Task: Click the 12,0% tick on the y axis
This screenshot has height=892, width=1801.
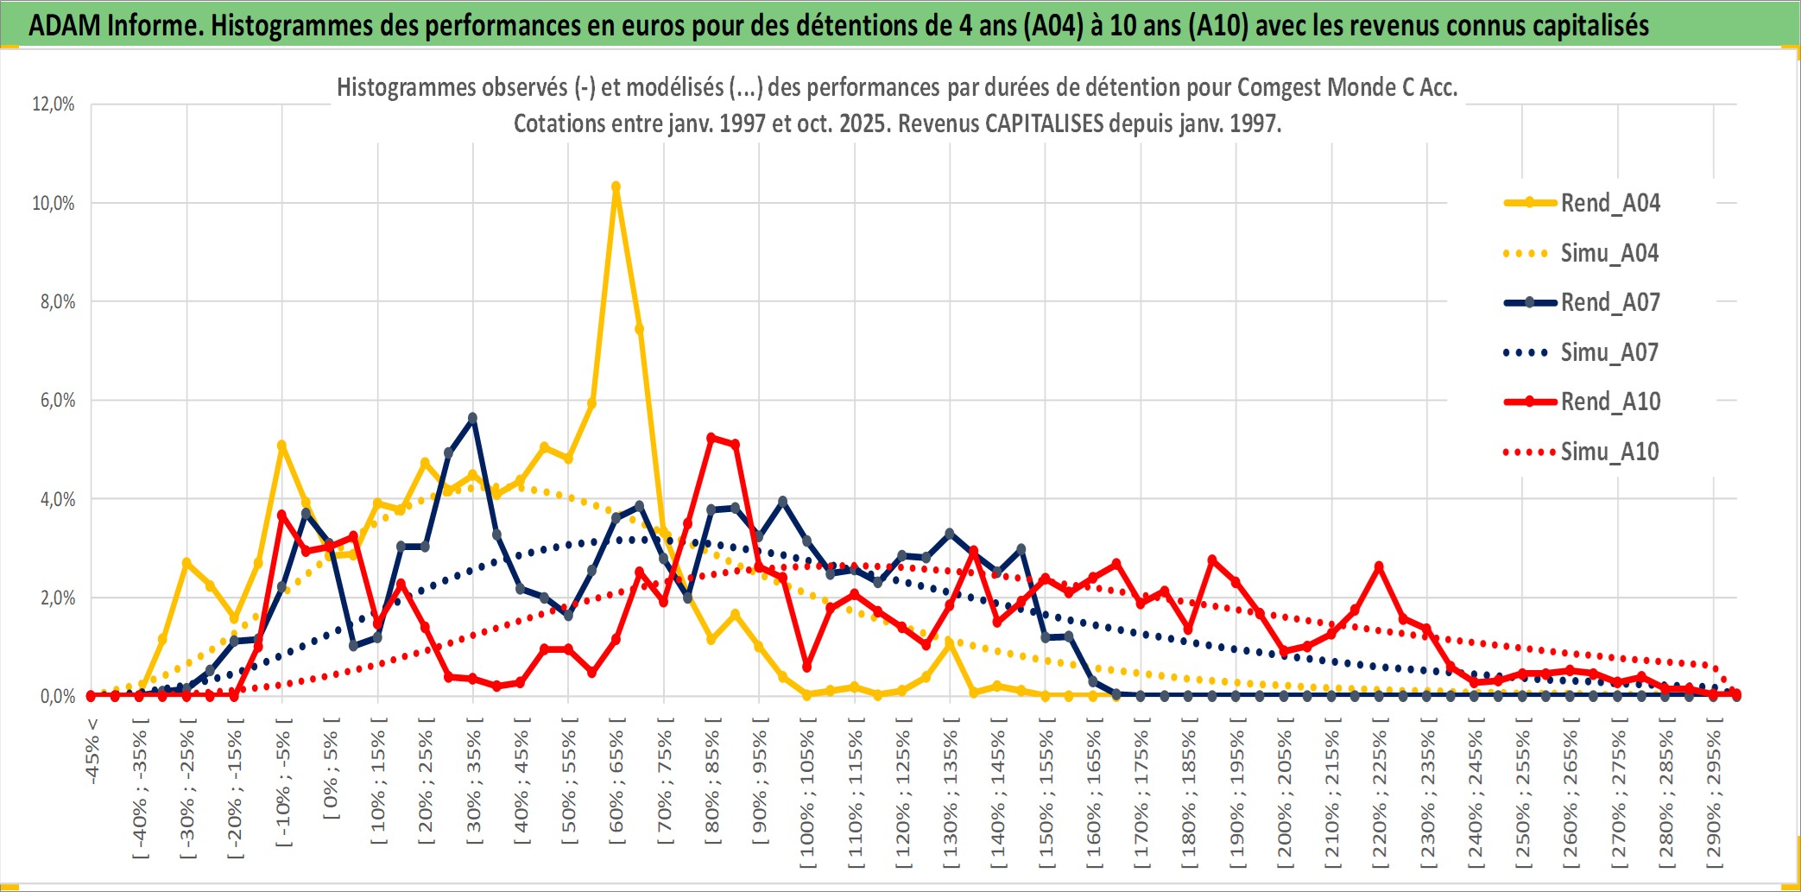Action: coord(54,104)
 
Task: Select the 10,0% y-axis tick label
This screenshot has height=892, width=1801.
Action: coord(54,203)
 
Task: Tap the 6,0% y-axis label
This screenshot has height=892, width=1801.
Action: coord(57,401)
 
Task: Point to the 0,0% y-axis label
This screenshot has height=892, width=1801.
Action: coord(57,696)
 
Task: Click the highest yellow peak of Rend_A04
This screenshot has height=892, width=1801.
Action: coord(616,187)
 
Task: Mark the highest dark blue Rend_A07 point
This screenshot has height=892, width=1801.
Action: coord(472,418)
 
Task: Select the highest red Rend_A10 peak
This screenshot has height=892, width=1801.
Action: coord(711,438)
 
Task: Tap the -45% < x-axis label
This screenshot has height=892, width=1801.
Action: coord(92,751)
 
